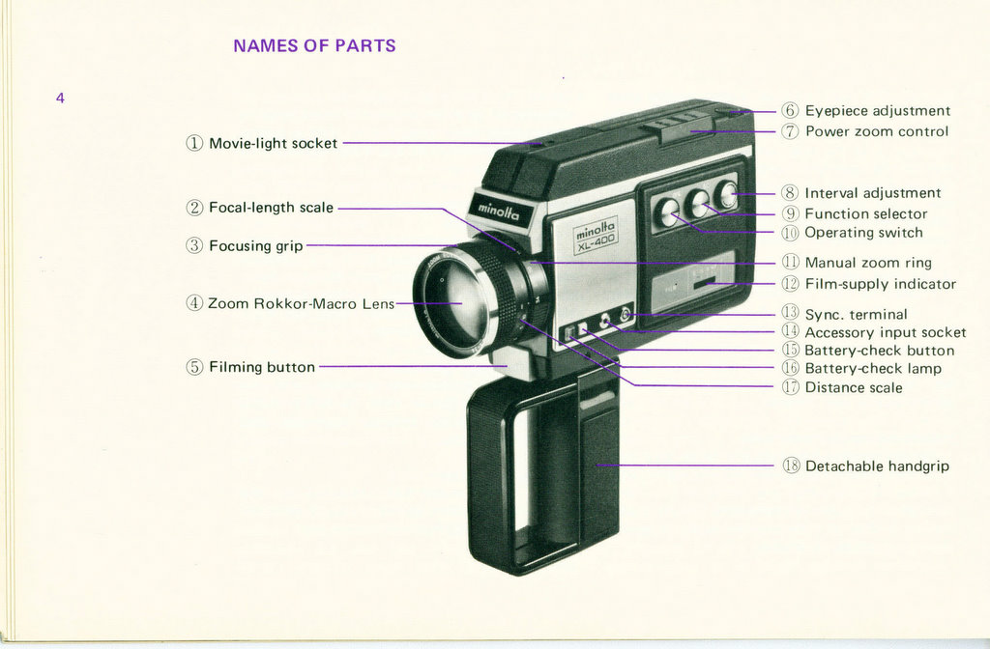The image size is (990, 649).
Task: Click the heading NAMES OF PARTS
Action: click(314, 45)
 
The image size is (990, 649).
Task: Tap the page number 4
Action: click(60, 98)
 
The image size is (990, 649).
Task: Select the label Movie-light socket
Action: click(273, 143)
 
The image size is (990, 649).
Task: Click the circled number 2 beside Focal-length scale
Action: click(194, 208)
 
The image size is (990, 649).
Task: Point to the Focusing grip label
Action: click(255, 246)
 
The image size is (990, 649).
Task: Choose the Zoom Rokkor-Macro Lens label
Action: click(301, 303)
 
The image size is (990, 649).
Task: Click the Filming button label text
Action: click(261, 367)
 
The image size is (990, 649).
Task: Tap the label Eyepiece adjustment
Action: click(877, 111)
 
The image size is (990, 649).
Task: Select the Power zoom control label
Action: click(876, 131)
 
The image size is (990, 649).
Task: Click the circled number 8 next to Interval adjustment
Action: click(790, 193)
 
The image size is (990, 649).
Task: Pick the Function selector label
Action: click(865, 213)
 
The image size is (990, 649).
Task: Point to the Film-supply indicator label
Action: click(880, 284)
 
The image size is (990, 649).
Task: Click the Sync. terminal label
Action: click(856, 314)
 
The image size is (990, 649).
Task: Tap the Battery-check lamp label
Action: click(872, 368)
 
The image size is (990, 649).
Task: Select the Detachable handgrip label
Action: click(877, 466)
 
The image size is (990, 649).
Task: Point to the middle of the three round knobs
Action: click(698, 203)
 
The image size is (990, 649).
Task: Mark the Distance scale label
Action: click(853, 387)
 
